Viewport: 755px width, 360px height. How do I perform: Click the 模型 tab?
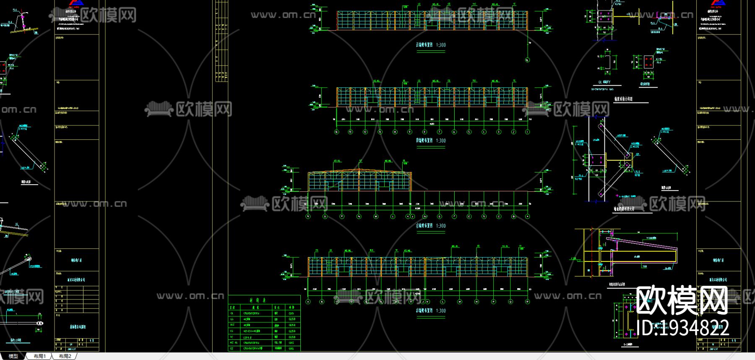[x=13, y=356]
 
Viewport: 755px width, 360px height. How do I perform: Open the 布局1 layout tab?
[x=39, y=356]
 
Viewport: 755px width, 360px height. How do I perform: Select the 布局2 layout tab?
[x=65, y=356]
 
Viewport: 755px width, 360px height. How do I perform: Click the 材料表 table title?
[x=257, y=300]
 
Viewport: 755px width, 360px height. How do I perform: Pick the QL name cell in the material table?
[x=232, y=313]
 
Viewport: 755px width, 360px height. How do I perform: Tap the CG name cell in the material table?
[x=232, y=331]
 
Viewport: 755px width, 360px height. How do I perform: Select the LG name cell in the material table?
[x=232, y=319]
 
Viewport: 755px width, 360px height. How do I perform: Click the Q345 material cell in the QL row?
[x=292, y=313]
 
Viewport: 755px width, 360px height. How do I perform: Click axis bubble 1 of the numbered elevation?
[x=527, y=132]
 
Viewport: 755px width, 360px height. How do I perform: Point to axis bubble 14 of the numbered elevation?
[x=336, y=132]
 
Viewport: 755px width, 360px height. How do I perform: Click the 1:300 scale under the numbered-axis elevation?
[x=441, y=141]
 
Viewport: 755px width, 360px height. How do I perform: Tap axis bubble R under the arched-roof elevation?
[x=308, y=217]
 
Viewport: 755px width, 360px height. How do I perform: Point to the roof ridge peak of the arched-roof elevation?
[x=359, y=169]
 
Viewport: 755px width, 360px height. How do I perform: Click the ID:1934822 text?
[x=682, y=328]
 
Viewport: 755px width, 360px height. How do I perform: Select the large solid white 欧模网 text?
[x=682, y=300]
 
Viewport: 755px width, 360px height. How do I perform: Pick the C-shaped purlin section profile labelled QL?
[x=607, y=62]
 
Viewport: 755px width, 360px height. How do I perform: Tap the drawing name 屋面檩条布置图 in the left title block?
[x=77, y=326]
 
